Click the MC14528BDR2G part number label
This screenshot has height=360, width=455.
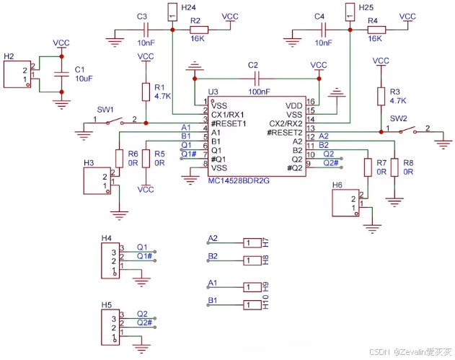click(239, 181)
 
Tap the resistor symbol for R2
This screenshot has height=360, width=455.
click(199, 30)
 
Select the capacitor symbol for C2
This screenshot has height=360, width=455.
click(257, 79)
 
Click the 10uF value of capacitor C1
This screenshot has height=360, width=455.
click(84, 79)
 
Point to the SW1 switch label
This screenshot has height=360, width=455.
click(105, 110)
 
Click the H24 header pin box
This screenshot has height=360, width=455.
click(172, 12)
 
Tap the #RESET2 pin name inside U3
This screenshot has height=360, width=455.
click(285, 133)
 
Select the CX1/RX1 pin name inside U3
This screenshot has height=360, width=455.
click(228, 115)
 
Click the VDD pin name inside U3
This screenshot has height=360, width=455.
click(293, 105)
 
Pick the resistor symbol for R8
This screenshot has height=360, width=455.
click(394, 167)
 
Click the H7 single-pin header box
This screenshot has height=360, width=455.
click(252, 242)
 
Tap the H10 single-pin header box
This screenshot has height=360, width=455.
click(252, 305)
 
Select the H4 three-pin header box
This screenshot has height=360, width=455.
click(110, 260)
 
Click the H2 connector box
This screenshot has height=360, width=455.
click(17, 74)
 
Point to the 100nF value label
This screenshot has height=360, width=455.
click(259, 92)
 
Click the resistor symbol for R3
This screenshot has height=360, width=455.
click(381, 97)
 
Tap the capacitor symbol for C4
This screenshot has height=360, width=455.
click(324, 30)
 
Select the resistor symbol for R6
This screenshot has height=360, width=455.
click(119, 159)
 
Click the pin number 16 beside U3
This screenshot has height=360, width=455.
click(311, 102)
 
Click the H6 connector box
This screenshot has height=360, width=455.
click(345, 203)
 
